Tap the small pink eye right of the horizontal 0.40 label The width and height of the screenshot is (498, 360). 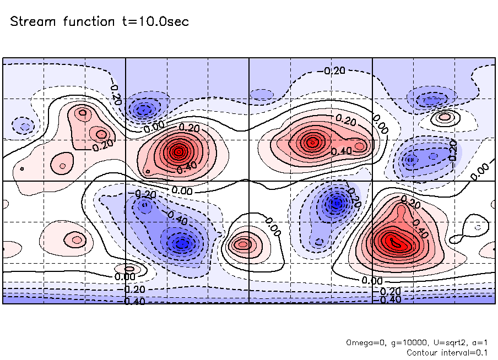pyautogui.click(x=360, y=146)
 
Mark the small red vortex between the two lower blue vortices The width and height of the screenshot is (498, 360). pyautogui.click(x=242, y=244)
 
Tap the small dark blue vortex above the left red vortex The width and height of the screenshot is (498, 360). pyautogui.click(x=144, y=108)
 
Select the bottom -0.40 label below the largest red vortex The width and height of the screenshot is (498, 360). pyautogui.click(x=389, y=299)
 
